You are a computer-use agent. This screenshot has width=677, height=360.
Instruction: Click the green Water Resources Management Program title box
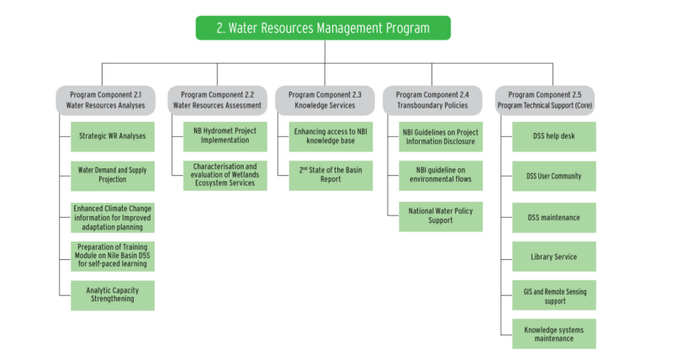click(323, 28)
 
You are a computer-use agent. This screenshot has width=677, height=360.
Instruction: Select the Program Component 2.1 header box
click(105, 100)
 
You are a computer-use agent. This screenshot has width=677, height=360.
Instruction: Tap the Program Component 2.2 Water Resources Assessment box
click(217, 100)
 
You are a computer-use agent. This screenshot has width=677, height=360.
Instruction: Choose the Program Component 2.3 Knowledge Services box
click(325, 100)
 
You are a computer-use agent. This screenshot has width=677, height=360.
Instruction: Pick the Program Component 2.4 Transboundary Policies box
click(432, 100)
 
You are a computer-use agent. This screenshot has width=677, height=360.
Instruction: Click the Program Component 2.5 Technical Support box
click(544, 100)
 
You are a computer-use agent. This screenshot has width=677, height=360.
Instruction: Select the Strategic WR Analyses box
click(113, 136)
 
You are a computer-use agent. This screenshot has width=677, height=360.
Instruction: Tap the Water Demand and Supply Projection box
click(113, 176)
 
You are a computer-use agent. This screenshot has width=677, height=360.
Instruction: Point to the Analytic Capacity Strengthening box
click(113, 295)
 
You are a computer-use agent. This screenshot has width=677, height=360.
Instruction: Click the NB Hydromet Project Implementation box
click(225, 136)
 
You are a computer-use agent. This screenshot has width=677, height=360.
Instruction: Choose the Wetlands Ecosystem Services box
click(225, 175)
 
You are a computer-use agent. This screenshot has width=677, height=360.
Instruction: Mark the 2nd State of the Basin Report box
click(331, 175)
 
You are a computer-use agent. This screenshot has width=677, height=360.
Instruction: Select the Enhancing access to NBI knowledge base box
click(331, 136)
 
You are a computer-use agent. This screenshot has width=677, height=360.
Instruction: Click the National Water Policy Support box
click(441, 216)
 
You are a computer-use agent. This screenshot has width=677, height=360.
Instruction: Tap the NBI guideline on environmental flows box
click(441, 175)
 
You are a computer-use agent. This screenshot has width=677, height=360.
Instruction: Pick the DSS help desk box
click(554, 136)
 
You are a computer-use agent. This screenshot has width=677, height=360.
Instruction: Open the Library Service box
click(554, 257)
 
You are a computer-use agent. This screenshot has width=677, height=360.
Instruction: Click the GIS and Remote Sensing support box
click(554, 295)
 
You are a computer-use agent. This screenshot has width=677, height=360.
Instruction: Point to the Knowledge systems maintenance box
click(554, 334)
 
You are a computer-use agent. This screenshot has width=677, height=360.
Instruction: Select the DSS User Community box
click(554, 176)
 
